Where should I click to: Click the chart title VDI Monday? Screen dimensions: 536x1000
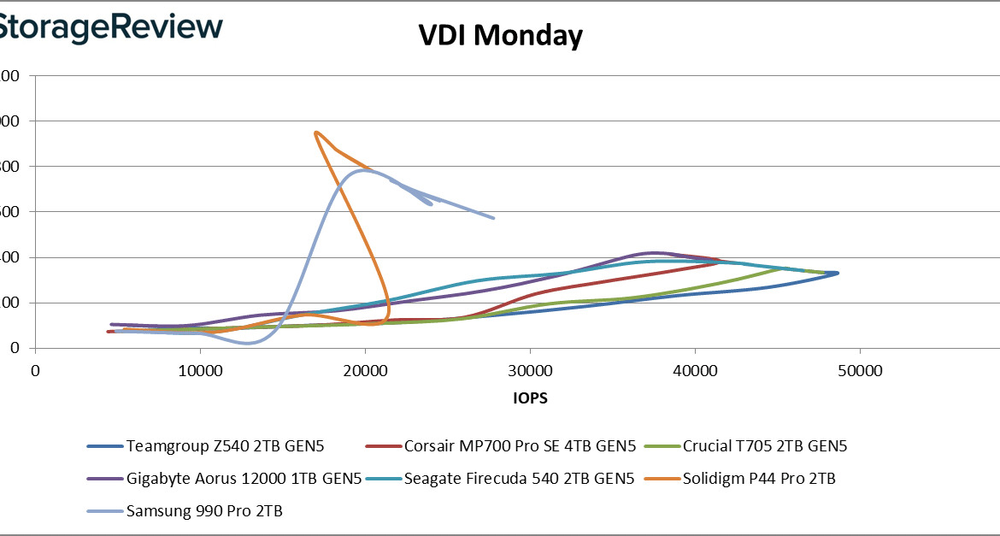coord(500,36)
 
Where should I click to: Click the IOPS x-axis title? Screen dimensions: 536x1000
coord(531,398)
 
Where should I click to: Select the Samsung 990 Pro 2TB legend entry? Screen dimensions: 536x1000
coord(204,511)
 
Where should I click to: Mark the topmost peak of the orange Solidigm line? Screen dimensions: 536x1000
coord(316,133)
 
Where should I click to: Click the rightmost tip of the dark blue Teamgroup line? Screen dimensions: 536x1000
coord(838,273)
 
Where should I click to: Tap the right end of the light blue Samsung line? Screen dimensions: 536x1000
coord(493,218)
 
